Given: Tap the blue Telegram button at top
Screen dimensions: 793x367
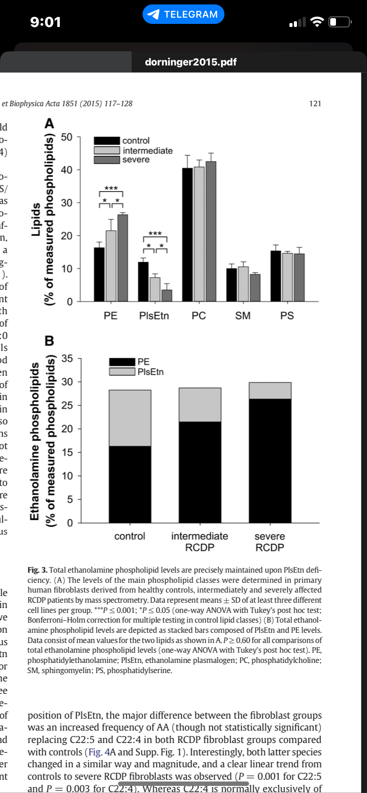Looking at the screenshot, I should [183, 14].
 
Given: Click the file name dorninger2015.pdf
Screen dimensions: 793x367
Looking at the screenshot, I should [191, 62].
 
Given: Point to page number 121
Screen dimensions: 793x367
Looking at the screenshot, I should [315, 104].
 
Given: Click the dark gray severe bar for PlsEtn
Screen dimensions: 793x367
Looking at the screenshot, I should [167, 295].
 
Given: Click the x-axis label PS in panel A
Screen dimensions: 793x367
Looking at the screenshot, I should [287, 316].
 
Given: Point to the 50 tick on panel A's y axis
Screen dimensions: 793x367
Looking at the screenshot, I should [66, 137].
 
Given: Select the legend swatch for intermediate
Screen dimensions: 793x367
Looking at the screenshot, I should [107, 150].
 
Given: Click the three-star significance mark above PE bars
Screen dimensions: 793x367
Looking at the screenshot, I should [111, 189].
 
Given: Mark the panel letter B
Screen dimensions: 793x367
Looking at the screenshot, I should [49, 341].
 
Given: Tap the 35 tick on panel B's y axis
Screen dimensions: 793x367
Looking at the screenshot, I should [66, 358].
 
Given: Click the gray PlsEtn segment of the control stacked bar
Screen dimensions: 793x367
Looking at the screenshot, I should [130, 418].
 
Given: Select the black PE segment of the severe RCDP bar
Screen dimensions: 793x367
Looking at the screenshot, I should [270, 460].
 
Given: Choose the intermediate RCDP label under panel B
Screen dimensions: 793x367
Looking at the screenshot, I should [199, 542].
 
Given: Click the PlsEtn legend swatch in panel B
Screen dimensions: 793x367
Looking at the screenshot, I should [122, 372].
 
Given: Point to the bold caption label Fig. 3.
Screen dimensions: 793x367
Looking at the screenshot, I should [37, 570].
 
